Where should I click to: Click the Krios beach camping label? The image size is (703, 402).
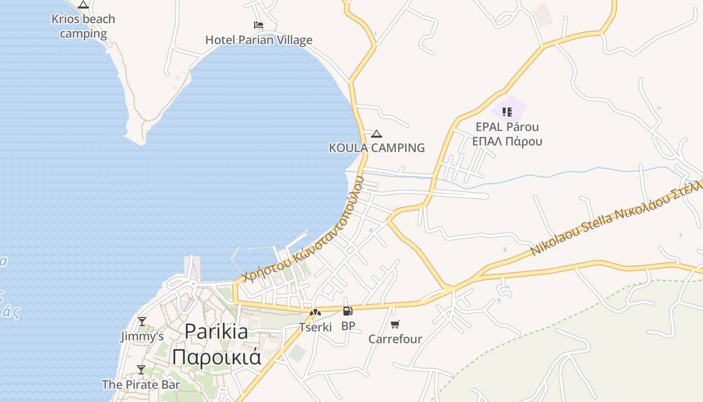83,27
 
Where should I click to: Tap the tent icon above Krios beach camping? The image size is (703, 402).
83,5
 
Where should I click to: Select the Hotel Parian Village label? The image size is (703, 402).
259,40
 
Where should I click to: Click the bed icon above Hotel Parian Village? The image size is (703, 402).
259,25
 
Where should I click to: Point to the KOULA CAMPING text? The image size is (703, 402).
377,148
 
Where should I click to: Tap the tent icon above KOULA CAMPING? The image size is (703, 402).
377,134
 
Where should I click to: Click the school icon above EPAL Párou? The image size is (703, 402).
507,112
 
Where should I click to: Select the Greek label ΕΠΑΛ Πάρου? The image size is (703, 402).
507,141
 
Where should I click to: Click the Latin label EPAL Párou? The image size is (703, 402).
507,127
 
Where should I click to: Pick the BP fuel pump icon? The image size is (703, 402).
348,311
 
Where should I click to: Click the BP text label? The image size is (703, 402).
348,326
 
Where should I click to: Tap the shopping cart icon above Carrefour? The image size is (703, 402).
395,324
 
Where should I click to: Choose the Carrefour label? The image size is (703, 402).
395,339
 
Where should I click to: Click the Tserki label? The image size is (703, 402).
315,327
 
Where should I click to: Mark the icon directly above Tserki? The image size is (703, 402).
315,313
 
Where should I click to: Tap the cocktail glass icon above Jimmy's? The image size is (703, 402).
142,321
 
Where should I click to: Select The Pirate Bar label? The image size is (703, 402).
141,385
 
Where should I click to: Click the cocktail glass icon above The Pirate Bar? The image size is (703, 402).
141,370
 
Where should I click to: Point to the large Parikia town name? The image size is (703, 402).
216,332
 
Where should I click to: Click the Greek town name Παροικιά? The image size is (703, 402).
216,356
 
